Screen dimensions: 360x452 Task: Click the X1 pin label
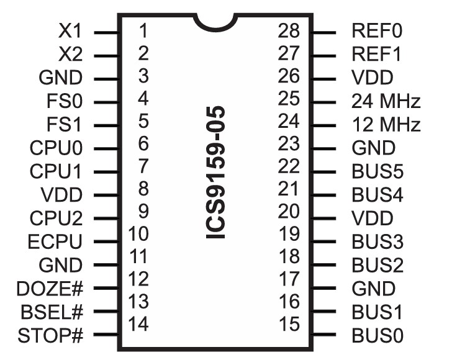[x=70, y=31]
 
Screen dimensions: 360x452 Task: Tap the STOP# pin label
[x=52, y=336]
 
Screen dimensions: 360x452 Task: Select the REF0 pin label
[x=377, y=31]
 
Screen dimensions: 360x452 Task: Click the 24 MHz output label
[x=386, y=101]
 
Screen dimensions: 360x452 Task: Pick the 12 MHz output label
[x=386, y=125]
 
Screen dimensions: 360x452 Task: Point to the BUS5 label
[x=377, y=171]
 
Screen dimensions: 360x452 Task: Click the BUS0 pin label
[x=377, y=336]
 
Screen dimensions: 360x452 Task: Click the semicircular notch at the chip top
[x=215, y=23]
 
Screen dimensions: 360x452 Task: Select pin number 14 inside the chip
[x=138, y=323]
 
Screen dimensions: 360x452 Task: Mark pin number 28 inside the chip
[x=289, y=30]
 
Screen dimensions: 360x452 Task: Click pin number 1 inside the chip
[x=143, y=30]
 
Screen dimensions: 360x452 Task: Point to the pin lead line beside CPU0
[x=106, y=148]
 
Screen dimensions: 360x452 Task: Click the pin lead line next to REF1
[x=323, y=55]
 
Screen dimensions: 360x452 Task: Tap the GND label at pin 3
[x=60, y=78]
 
